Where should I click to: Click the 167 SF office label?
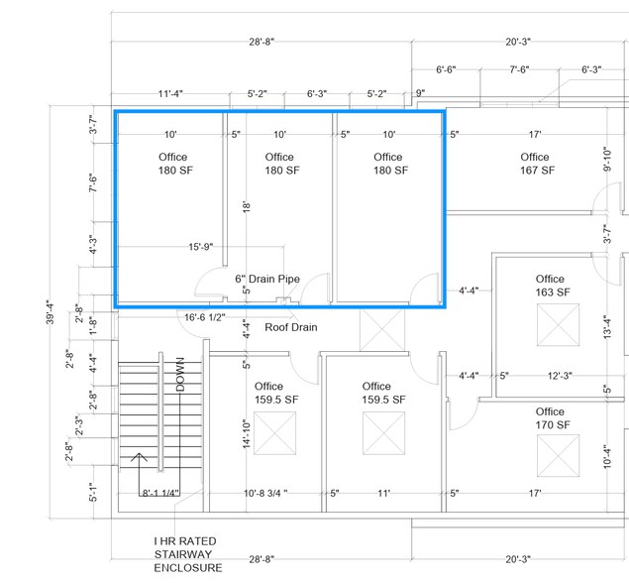pos(534,164)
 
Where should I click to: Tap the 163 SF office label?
pos(550,286)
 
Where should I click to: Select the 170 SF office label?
pos(550,417)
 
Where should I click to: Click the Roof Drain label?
pos(291,327)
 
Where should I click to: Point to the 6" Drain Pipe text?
pos(267,280)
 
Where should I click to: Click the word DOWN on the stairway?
pos(181,375)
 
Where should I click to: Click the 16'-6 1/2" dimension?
pos(205,317)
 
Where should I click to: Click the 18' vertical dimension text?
pos(247,207)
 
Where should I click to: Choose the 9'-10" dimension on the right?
pos(607,159)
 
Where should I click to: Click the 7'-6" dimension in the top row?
pos(519,70)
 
